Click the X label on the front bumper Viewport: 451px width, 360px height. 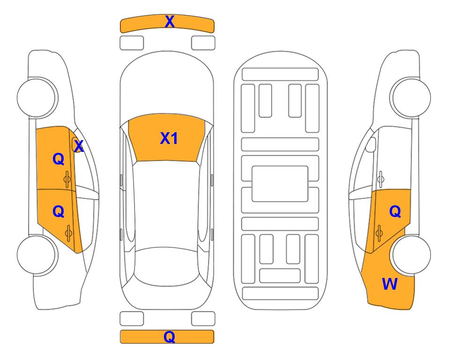[170, 22]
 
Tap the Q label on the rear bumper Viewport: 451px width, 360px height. [169, 337]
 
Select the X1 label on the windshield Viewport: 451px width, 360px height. [169, 138]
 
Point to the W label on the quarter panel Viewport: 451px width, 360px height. [390, 284]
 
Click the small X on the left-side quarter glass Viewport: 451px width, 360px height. [79, 147]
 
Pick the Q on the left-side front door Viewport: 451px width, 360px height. [58, 159]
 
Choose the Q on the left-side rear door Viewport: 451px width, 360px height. [58, 212]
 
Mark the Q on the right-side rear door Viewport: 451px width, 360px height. [395, 212]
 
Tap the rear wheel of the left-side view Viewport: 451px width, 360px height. [38, 255]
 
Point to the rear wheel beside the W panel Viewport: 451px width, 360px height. [411, 255]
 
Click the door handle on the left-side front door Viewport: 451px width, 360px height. [68, 178]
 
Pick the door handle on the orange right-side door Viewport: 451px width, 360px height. [379, 232]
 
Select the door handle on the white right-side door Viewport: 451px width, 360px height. [380, 178]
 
